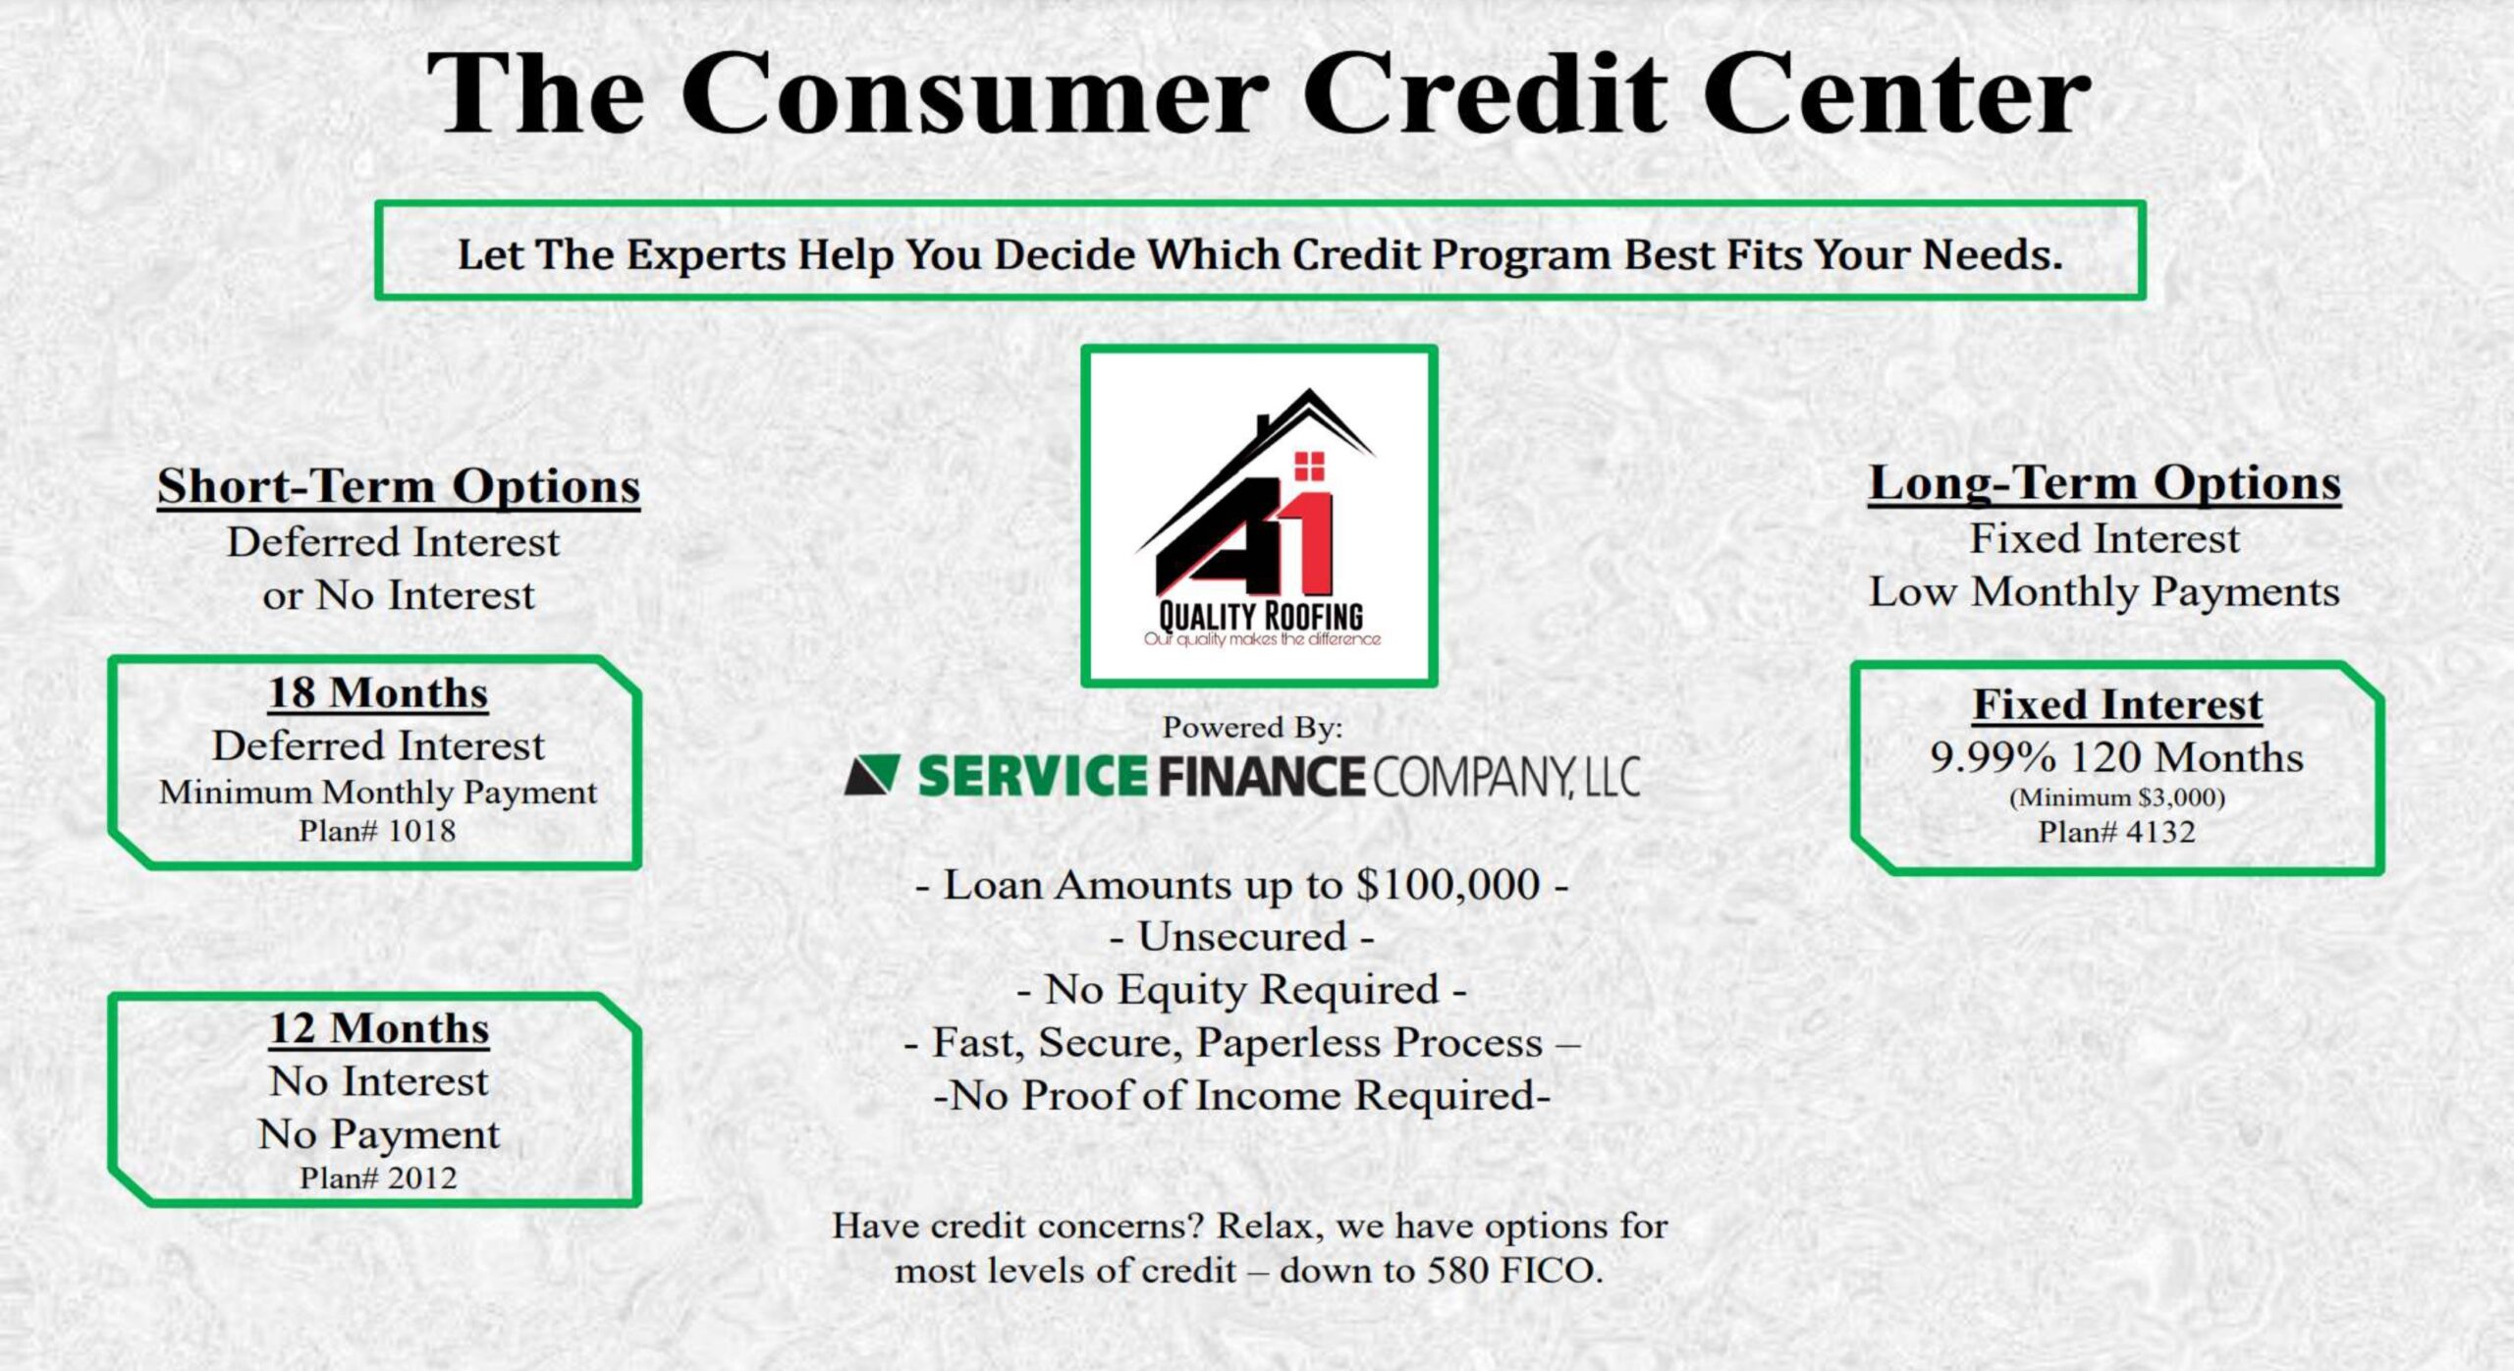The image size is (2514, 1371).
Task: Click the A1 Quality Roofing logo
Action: [1259, 517]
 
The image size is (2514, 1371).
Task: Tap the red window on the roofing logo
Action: [1309, 466]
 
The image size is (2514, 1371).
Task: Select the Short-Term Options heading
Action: [399, 486]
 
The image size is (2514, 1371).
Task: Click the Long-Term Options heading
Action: [2104, 483]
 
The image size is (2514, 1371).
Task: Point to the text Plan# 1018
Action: [378, 831]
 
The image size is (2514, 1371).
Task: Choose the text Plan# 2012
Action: [378, 1178]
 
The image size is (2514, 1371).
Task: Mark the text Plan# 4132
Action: [2116, 832]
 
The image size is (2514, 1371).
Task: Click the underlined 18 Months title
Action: [378, 693]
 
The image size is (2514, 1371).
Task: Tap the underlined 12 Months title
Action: [379, 1028]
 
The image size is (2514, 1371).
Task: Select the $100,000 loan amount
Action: [1448, 885]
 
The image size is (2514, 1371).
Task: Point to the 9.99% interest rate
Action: [1993, 757]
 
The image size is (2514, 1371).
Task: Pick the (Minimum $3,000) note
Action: [2117, 797]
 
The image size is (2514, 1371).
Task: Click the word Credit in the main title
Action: [1485, 93]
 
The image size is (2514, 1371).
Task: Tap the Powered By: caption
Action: [1252, 728]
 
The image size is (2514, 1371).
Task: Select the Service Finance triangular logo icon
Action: [873, 775]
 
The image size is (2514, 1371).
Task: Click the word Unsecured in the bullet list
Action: [1242, 937]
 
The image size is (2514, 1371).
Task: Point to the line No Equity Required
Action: [1242, 990]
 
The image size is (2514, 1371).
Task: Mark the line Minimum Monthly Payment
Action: [378, 793]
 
